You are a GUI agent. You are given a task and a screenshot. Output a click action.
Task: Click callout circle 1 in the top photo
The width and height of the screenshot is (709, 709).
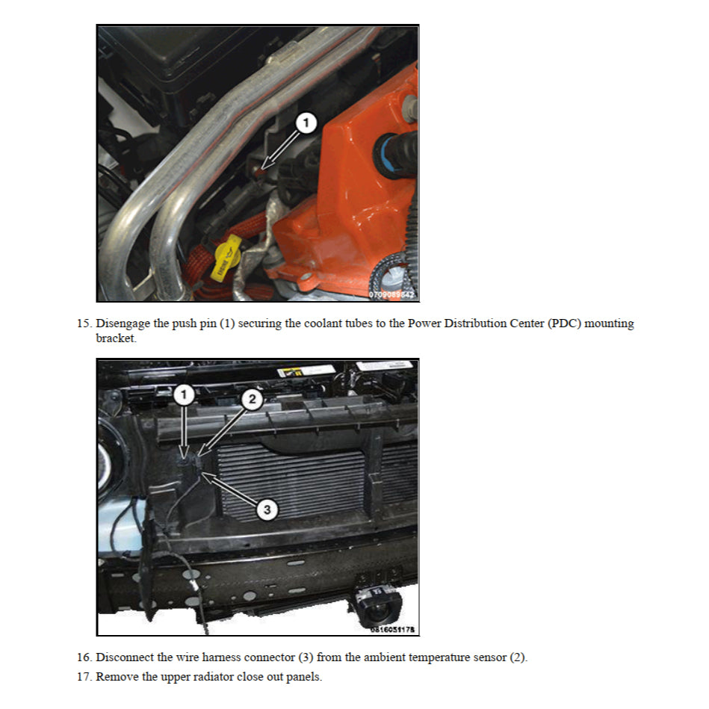coord(306,123)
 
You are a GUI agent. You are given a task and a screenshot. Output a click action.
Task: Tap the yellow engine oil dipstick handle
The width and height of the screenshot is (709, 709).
coord(227,258)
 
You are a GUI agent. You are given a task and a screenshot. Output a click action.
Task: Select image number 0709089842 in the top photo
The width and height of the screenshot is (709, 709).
coord(391,294)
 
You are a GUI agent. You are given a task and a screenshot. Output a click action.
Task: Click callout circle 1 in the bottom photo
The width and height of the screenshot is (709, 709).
coord(184,394)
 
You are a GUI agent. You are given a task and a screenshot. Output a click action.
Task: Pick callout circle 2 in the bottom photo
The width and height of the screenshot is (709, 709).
coord(252,399)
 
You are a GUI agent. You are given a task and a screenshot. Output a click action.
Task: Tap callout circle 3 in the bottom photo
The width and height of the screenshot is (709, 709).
coord(267,510)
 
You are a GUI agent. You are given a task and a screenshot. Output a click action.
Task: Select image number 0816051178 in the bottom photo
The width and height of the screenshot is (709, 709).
coord(392,629)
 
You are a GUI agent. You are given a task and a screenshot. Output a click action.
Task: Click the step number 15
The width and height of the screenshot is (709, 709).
coord(84,323)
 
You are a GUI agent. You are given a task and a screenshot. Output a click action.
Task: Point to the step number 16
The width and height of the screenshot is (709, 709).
coord(84,657)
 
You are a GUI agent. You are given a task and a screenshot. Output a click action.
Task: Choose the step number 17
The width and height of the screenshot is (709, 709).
coord(84,676)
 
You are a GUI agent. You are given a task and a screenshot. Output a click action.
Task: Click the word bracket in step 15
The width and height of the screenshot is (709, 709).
coord(116,338)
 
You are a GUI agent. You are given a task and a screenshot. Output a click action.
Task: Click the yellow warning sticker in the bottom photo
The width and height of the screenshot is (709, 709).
coord(290,372)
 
